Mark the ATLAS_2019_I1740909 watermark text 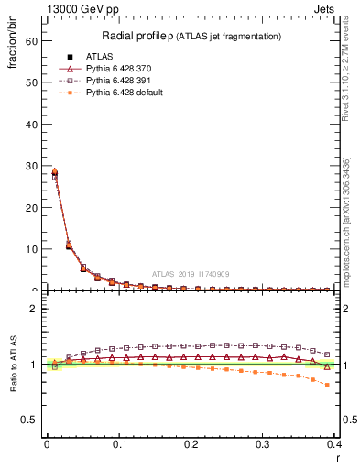191,274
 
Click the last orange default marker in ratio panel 328,385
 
